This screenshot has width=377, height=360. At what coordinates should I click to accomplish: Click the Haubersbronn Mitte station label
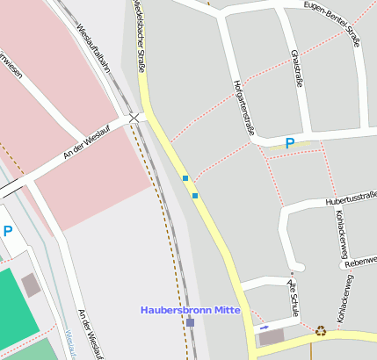(191, 310)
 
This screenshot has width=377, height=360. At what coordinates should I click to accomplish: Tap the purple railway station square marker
(190, 323)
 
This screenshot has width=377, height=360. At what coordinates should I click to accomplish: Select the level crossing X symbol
(134, 117)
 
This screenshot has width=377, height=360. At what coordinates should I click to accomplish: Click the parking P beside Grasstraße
(289, 143)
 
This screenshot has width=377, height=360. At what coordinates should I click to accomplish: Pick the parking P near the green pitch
(8, 232)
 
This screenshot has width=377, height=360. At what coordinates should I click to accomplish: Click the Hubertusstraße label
(350, 200)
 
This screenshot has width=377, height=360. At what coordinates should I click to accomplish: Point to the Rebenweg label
(360, 262)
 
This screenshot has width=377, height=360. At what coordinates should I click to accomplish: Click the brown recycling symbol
(321, 331)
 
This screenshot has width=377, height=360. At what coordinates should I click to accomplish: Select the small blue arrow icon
(265, 328)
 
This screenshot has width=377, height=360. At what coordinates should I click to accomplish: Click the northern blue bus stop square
(185, 178)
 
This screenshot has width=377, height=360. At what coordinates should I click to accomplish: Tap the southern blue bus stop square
(195, 195)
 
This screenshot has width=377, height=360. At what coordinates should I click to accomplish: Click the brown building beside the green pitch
(31, 284)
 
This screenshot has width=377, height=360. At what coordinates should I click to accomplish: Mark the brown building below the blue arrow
(272, 338)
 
